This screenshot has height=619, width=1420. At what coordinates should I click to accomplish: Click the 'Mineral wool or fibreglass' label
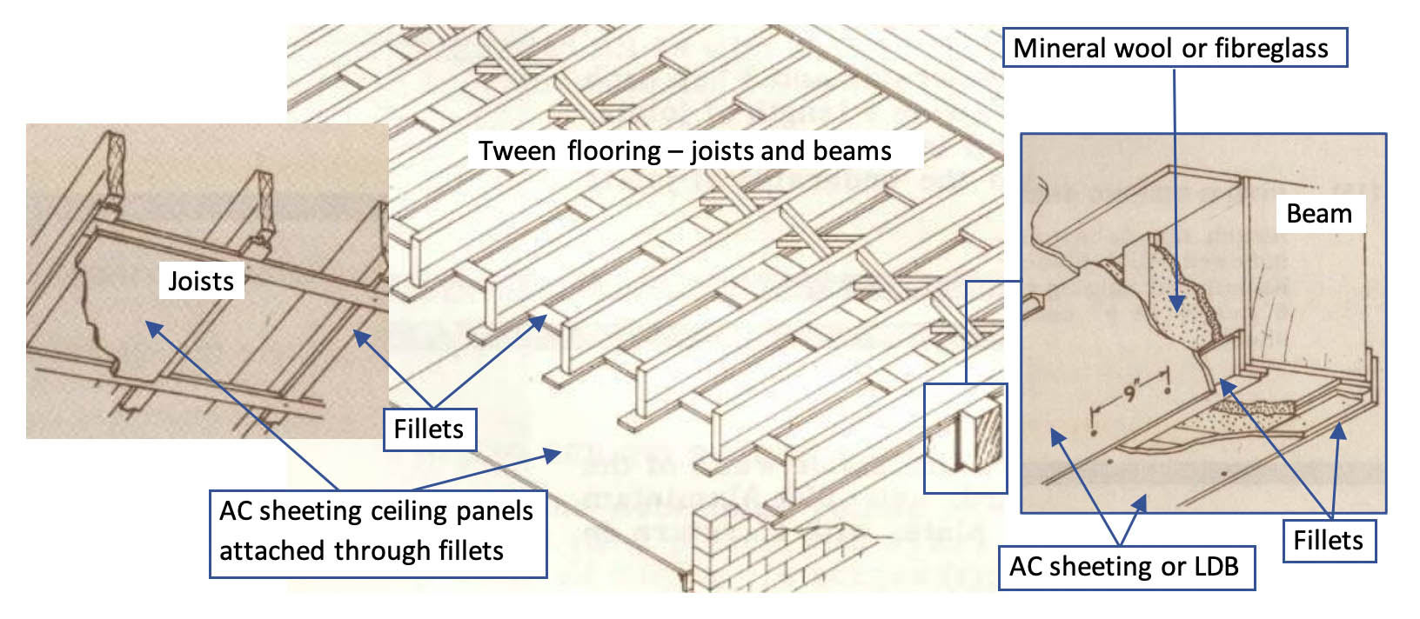click(1175, 48)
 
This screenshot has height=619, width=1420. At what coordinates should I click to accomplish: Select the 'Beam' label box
click(1319, 214)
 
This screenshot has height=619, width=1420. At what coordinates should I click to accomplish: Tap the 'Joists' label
click(201, 281)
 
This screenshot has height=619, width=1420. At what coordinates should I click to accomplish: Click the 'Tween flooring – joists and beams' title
click(685, 150)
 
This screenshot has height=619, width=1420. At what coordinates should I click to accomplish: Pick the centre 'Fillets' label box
click(429, 429)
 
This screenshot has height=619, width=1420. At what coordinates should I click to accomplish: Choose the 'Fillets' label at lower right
click(1328, 540)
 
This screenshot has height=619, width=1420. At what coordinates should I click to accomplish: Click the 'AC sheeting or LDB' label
click(1124, 567)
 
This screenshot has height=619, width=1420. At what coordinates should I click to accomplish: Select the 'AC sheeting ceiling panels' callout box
click(377, 532)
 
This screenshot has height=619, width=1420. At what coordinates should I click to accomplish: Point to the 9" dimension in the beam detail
click(1130, 391)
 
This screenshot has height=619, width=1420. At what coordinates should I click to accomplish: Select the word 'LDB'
click(1216, 567)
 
